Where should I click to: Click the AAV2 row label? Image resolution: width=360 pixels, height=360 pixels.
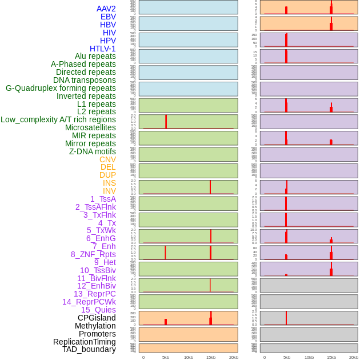point(106,9)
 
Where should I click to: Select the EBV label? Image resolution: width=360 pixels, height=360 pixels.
point(108,17)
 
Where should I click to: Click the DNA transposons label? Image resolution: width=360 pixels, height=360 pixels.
point(85,80)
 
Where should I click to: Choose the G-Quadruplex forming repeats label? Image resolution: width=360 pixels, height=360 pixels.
point(61,88)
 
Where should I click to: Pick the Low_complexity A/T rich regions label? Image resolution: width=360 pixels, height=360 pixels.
point(58,119)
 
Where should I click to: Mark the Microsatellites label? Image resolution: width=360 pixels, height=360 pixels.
point(90,127)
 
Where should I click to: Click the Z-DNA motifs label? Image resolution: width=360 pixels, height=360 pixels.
point(93,151)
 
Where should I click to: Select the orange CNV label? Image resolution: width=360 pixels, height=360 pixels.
point(107,159)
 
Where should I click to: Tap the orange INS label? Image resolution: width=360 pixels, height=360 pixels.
point(109,183)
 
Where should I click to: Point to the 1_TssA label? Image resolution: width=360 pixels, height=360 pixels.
point(103,199)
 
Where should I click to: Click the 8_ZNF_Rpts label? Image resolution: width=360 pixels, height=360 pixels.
point(93,254)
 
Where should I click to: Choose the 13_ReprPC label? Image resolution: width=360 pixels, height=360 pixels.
point(94,294)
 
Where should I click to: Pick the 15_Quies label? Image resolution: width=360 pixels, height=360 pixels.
point(98,310)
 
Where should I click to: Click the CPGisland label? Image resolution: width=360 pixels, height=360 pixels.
point(97,318)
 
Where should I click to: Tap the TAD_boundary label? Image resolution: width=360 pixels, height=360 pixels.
point(89,349)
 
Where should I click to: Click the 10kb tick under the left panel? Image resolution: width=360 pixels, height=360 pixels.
point(189,357)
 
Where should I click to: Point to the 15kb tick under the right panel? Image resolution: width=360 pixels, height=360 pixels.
point(331,357)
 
